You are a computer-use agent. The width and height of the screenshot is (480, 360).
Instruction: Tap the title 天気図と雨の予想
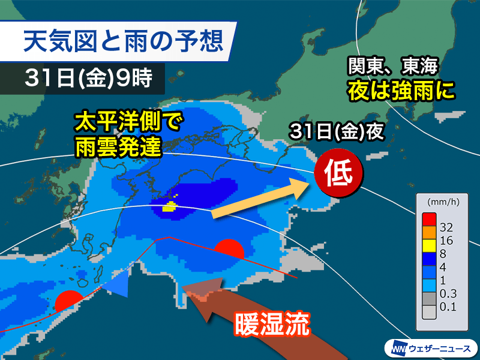[x=124, y=43]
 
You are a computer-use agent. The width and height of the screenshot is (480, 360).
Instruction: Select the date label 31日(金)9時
[x=89, y=79]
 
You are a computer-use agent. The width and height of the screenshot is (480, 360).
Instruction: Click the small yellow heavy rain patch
[x=170, y=208]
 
